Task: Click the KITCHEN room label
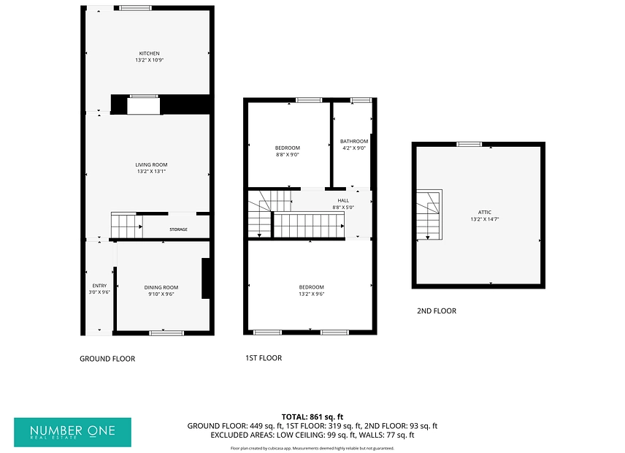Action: [149, 53]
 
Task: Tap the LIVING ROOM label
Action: [151, 164]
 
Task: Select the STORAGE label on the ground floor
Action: [178, 229]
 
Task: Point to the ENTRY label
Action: [99, 286]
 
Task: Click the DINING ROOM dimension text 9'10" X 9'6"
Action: [161, 294]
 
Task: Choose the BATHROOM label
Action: [354, 141]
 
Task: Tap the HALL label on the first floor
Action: [343, 201]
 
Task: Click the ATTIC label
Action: [485, 212]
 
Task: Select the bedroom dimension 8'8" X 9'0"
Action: [288, 155]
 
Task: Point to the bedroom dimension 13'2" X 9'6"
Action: [311, 294]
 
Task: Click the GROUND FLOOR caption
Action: [107, 359]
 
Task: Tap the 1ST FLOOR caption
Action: [264, 358]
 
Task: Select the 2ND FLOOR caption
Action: [437, 311]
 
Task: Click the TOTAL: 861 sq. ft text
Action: [312, 417]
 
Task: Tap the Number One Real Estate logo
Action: [72, 433]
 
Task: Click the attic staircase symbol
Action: [429, 215]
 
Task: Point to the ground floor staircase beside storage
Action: [127, 225]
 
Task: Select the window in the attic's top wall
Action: [469, 144]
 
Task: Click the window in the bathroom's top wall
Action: [361, 100]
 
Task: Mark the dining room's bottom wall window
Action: [164, 333]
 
